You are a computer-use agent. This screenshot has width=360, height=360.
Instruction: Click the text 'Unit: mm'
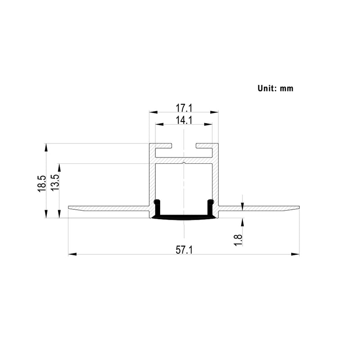click(x=275, y=88)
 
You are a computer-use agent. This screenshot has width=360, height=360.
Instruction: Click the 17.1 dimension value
click(x=184, y=108)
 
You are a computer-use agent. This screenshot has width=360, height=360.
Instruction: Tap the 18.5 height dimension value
click(x=41, y=184)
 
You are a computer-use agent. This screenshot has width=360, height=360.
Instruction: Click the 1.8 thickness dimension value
click(x=238, y=239)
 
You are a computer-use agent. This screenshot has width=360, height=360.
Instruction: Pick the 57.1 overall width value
click(x=184, y=250)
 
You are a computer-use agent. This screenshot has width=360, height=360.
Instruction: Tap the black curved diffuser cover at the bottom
click(x=184, y=218)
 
